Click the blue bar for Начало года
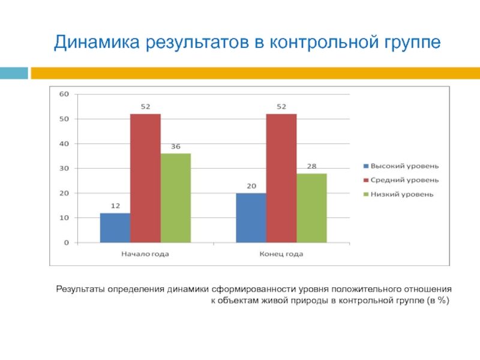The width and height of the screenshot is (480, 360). (x=115, y=228)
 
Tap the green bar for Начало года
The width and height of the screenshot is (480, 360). (x=175, y=198)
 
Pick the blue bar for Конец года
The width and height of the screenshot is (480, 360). (x=251, y=218)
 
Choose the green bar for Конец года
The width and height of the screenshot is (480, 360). (x=311, y=208)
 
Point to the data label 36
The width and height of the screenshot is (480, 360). (x=176, y=146)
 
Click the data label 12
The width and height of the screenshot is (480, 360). (x=115, y=206)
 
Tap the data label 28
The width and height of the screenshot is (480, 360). (x=311, y=166)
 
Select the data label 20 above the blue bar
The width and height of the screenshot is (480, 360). (x=251, y=186)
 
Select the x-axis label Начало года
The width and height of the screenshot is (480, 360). (x=145, y=254)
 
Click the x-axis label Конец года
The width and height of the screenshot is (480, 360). (x=281, y=254)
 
